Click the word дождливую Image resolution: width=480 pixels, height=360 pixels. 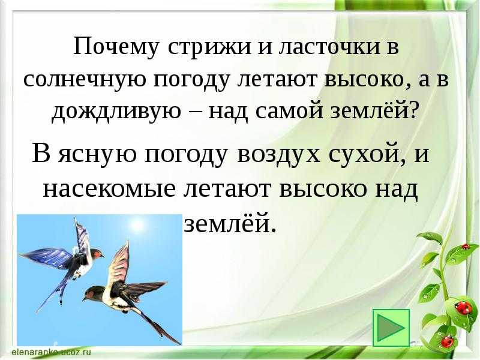[116, 112]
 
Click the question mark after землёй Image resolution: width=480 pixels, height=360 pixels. [413, 112]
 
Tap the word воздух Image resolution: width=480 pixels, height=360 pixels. [279, 155]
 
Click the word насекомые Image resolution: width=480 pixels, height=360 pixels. [109, 190]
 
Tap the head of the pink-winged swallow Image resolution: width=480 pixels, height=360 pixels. [92, 293]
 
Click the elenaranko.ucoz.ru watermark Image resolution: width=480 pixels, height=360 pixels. [52, 351]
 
